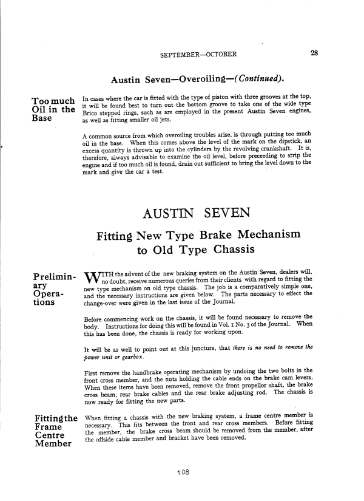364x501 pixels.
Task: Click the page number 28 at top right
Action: tap(314, 53)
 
